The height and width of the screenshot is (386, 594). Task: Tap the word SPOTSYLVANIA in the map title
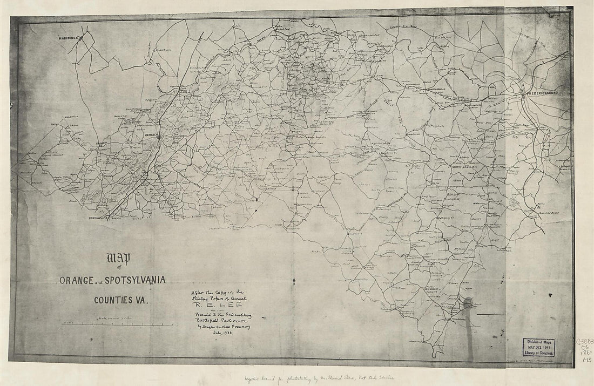pos(138,280)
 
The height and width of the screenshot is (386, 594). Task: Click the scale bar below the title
pos(119,323)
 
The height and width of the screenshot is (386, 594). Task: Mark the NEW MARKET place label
pos(439,288)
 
